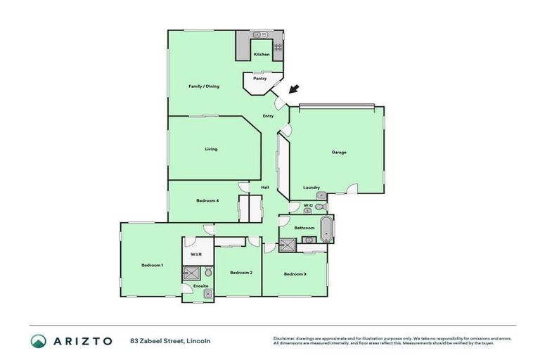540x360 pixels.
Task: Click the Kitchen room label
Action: pos(262,54)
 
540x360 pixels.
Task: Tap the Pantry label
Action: pos(259,79)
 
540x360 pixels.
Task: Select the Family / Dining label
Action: pos(204,86)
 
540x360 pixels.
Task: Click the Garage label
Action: pos(339,152)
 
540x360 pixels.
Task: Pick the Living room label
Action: pos(211,149)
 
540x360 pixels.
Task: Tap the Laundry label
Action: pos(311,188)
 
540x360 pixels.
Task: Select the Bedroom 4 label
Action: pos(207,200)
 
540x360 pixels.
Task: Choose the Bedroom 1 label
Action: pos(153,265)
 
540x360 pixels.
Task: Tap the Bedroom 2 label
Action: pos(241,273)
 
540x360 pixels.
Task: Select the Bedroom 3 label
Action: pos(295,273)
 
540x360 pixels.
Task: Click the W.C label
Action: pos(308,205)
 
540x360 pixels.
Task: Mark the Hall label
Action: pos(265,187)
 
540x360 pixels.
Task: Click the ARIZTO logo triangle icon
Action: pos(39,341)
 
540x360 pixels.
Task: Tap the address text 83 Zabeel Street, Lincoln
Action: pos(170,341)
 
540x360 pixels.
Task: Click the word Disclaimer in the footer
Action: pos(285,338)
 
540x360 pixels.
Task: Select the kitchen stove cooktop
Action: pos(278,48)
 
